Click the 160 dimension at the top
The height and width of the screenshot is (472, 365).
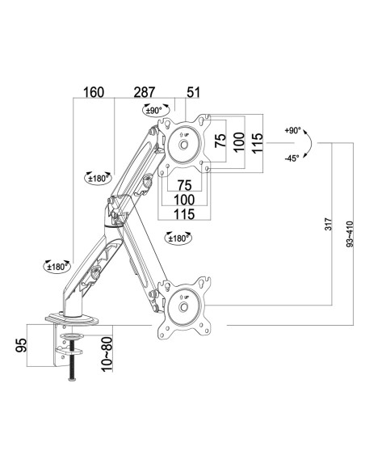(94, 92)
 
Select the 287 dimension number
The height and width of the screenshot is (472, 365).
(145, 92)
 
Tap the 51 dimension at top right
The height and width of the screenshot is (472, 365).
(193, 92)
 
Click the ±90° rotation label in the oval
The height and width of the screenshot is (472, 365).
(154, 110)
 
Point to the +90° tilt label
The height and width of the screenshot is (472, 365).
(292, 131)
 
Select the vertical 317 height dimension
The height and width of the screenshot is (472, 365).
(329, 224)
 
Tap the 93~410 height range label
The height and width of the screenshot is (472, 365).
(350, 234)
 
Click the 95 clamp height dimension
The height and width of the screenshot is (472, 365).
(21, 345)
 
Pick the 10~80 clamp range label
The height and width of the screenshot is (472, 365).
(107, 354)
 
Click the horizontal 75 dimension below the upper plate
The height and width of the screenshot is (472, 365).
(184, 185)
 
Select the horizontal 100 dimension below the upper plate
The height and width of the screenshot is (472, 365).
(184, 200)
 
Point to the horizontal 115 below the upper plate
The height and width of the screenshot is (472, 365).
(184, 214)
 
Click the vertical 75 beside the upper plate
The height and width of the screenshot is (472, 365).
(220, 141)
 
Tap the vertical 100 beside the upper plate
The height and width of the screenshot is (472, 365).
(239, 142)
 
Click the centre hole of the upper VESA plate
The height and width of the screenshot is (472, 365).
(182, 145)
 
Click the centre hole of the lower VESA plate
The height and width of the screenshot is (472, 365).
(182, 307)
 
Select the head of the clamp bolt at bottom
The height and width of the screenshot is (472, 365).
(72, 379)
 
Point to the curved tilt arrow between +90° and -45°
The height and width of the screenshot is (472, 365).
(311, 144)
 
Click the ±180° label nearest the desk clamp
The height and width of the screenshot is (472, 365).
(57, 267)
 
